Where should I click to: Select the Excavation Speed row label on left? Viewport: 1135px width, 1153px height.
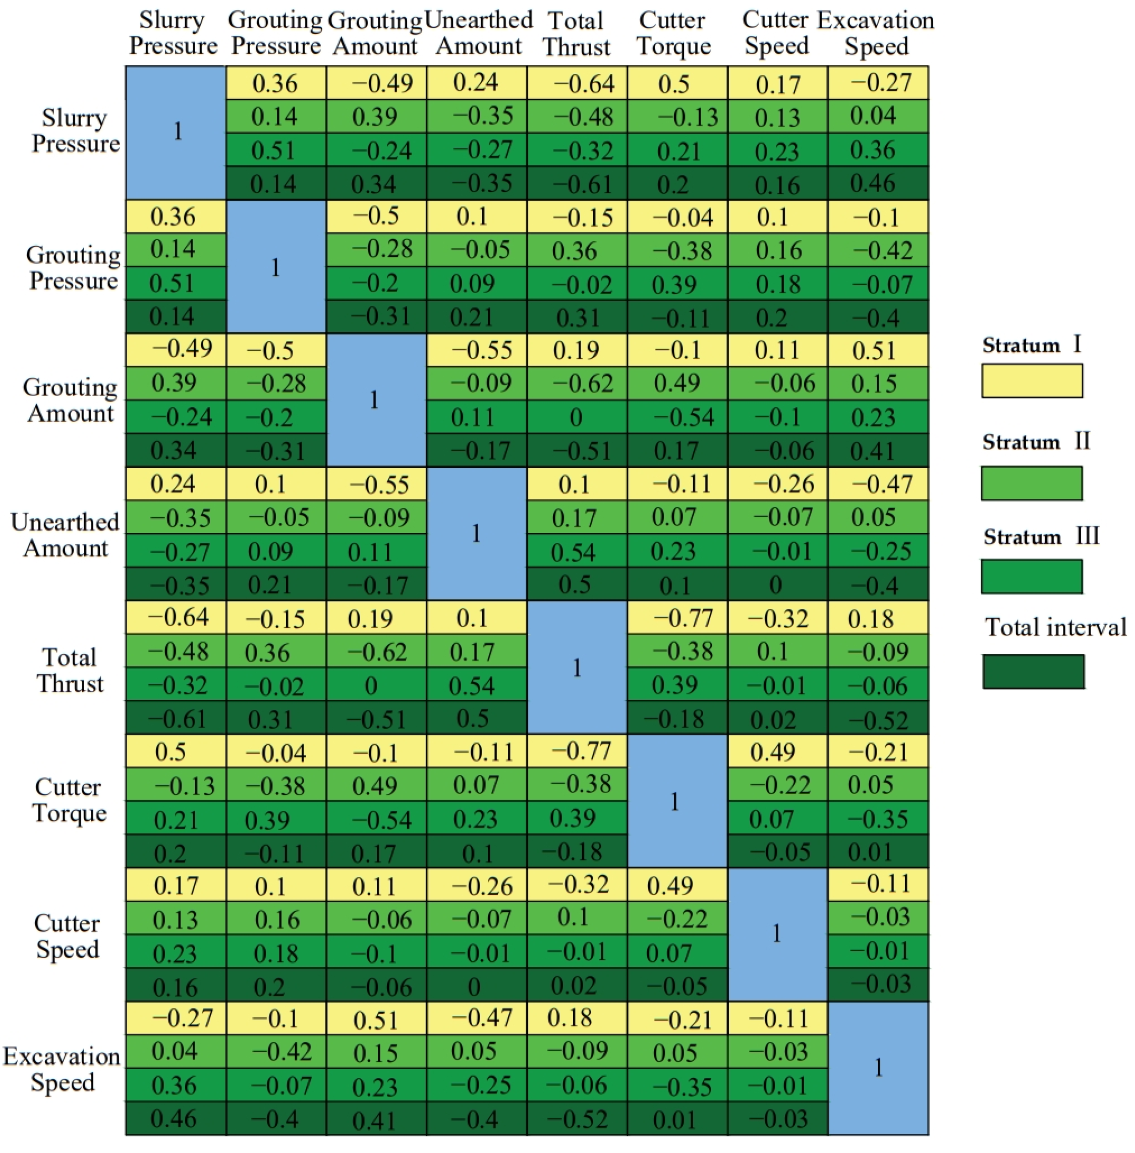click(62, 1069)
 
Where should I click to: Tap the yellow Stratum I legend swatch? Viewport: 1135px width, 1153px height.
click(1032, 381)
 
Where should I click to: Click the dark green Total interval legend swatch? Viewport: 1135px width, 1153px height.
click(1033, 671)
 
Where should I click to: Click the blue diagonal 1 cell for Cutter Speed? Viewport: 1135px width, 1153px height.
click(777, 934)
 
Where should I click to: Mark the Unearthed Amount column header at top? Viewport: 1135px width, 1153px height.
click(478, 33)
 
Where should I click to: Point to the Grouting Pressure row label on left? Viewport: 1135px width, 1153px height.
click(73, 267)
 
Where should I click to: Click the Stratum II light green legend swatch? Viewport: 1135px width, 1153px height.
click(1032, 483)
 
